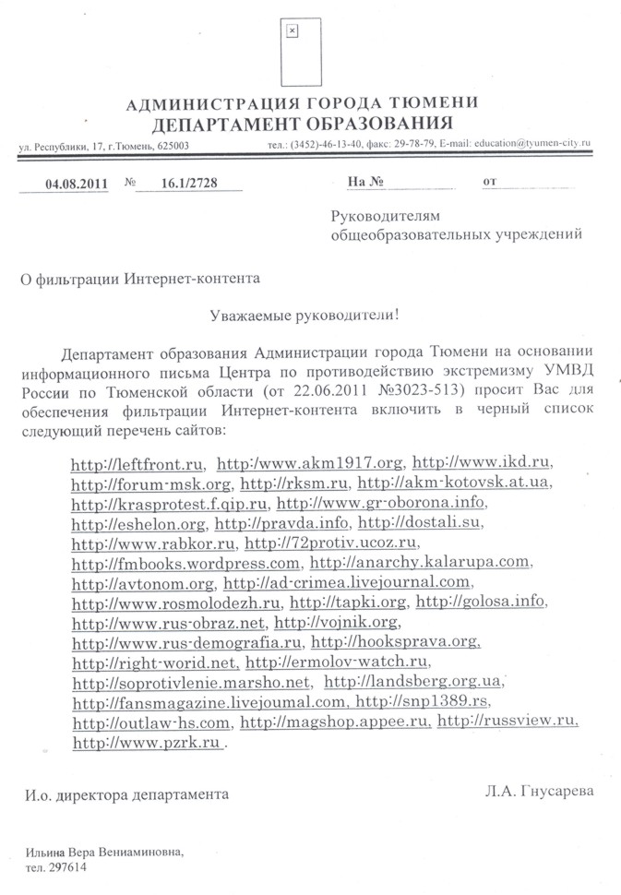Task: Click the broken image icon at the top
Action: pyautogui.click(x=293, y=31)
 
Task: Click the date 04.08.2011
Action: pyautogui.click(x=78, y=183)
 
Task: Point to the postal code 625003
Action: pyautogui.click(x=173, y=146)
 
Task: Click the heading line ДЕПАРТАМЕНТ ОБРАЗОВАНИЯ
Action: pyautogui.click(x=303, y=123)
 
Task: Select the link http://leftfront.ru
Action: pyautogui.click(x=137, y=463)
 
